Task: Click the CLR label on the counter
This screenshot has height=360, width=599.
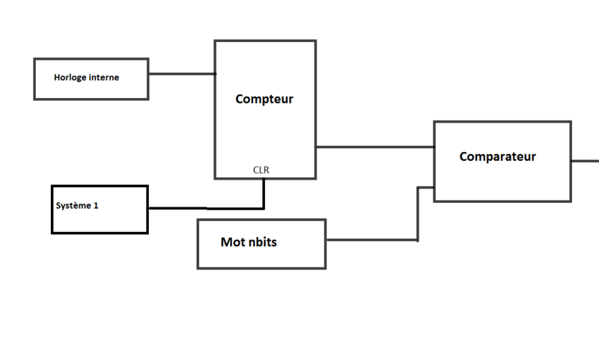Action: [261, 170]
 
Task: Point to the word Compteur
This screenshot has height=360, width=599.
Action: [264, 99]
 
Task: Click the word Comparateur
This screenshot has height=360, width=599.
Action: [497, 156]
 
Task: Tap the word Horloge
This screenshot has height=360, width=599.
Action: [70, 77]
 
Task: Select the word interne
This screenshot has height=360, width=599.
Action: [104, 77]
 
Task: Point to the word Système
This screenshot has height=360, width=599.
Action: [73, 204]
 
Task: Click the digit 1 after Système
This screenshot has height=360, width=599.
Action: [96, 204]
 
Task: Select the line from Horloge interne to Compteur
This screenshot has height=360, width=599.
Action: [181, 74]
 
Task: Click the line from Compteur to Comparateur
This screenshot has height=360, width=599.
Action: [374, 147]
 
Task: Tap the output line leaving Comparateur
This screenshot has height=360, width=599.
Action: [586, 160]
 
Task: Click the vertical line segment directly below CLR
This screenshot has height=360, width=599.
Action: [264, 192]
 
